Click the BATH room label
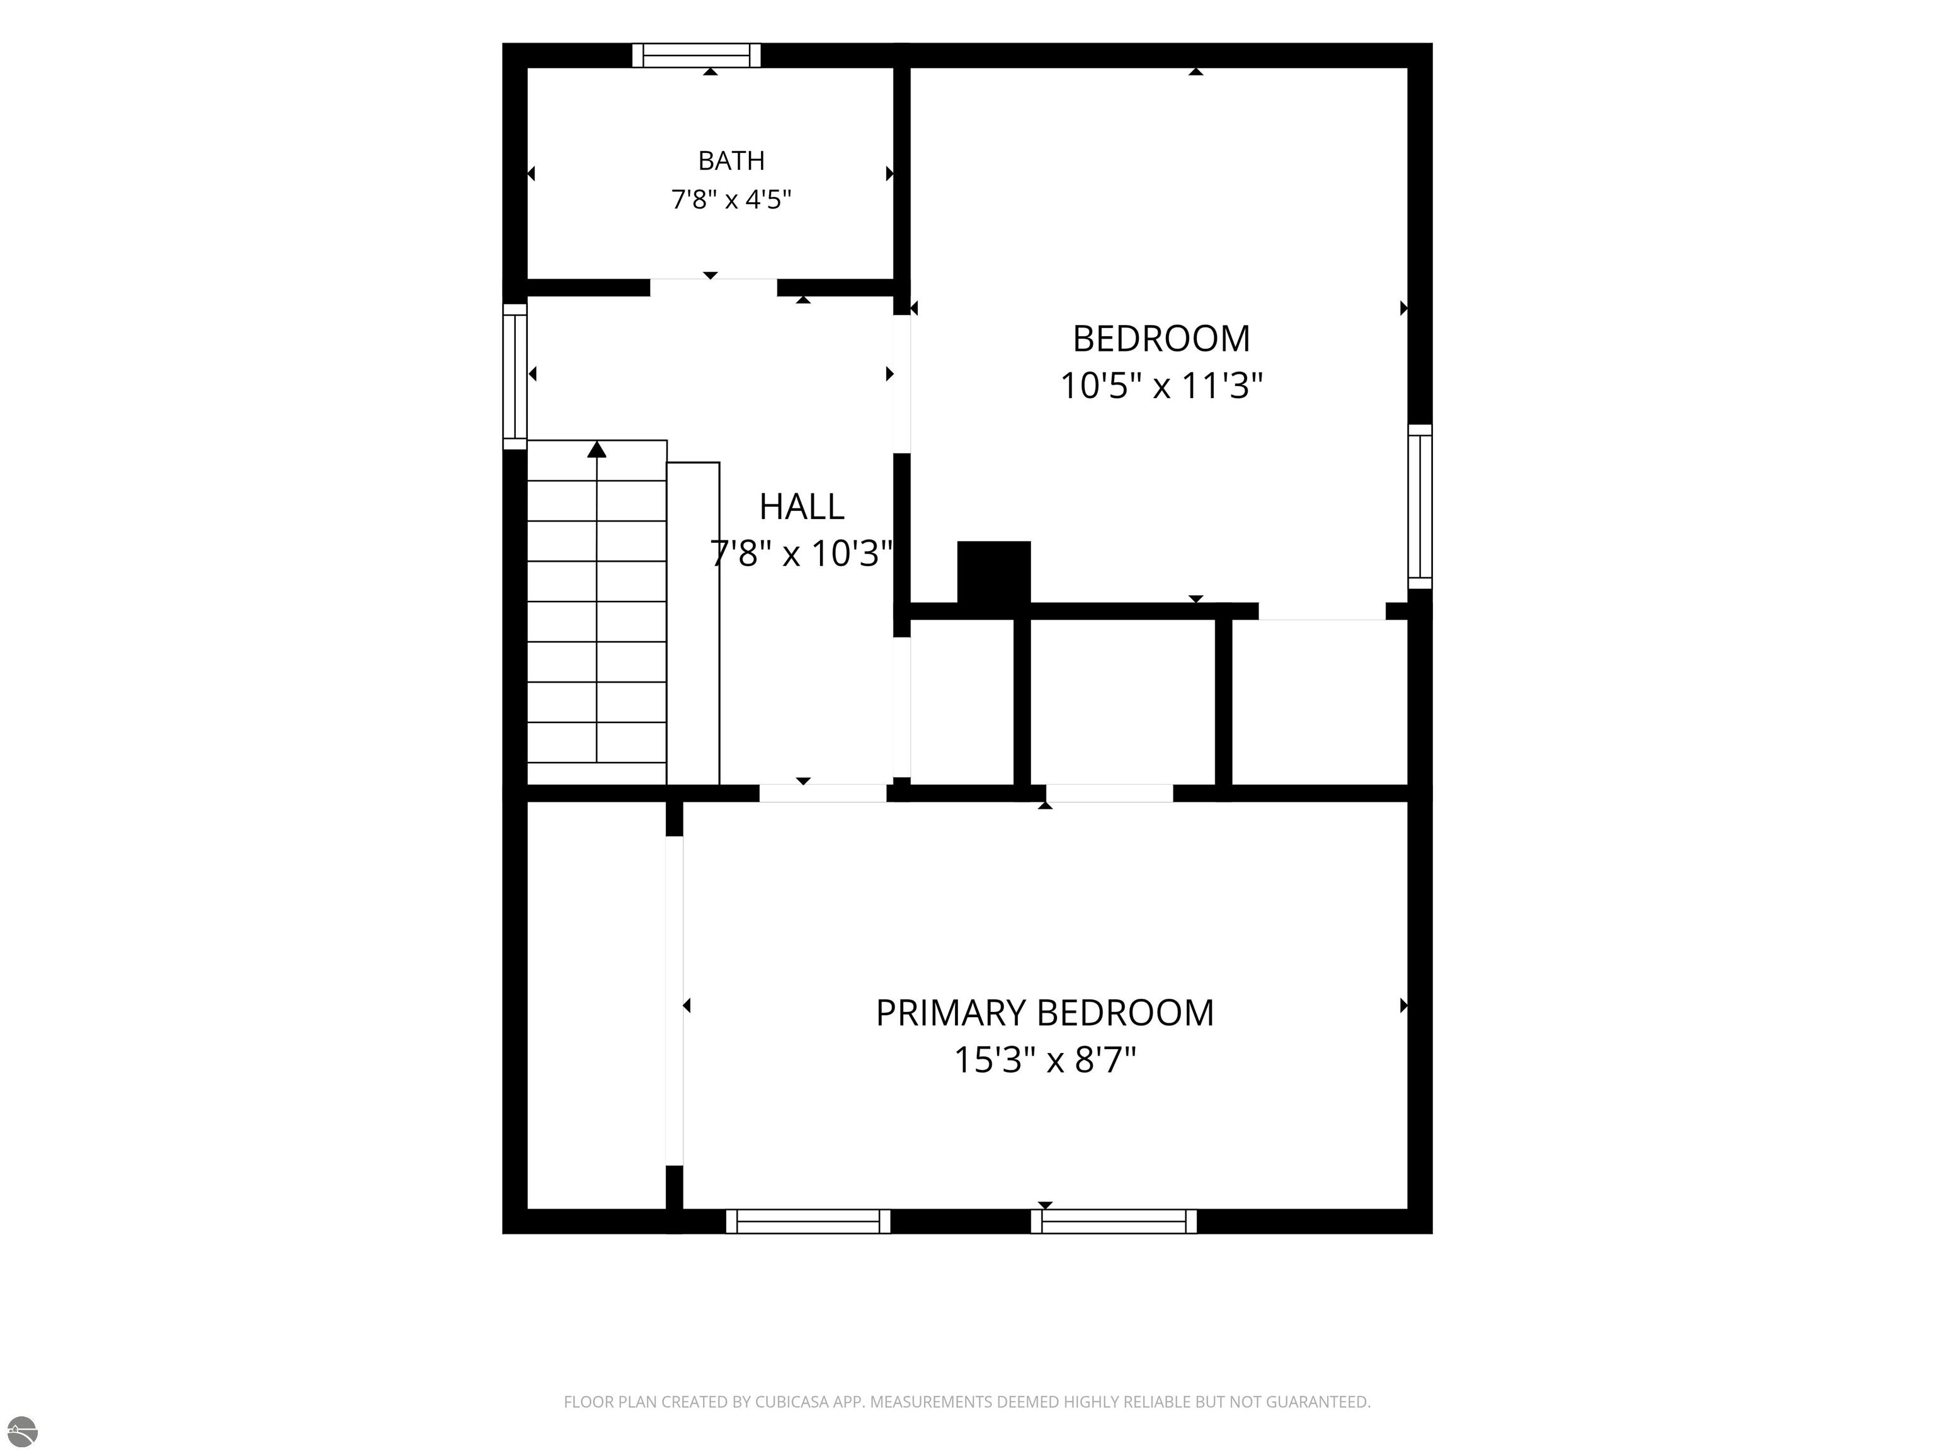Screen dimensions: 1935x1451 pyautogui.click(x=731, y=161)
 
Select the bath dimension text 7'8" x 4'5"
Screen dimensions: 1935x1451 pyautogui.click(x=731, y=200)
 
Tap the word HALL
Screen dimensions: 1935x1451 pyautogui.click(x=801, y=506)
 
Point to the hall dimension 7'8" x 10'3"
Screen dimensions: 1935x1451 pyautogui.click(x=801, y=554)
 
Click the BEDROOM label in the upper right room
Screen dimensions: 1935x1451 pyautogui.click(x=1162, y=338)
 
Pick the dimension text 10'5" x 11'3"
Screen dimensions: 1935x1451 pyautogui.click(x=1162, y=385)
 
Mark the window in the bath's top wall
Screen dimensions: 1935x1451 pyautogui.click(x=696, y=55)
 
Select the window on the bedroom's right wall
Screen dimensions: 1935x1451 pyautogui.click(x=1420, y=507)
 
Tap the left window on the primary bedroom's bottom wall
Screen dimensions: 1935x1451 pyautogui.click(x=808, y=1221)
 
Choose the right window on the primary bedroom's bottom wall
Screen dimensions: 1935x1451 pyautogui.click(x=1114, y=1221)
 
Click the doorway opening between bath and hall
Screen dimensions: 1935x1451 pyautogui.click(x=713, y=288)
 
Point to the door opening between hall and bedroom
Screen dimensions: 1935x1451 pyautogui.click(x=902, y=384)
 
